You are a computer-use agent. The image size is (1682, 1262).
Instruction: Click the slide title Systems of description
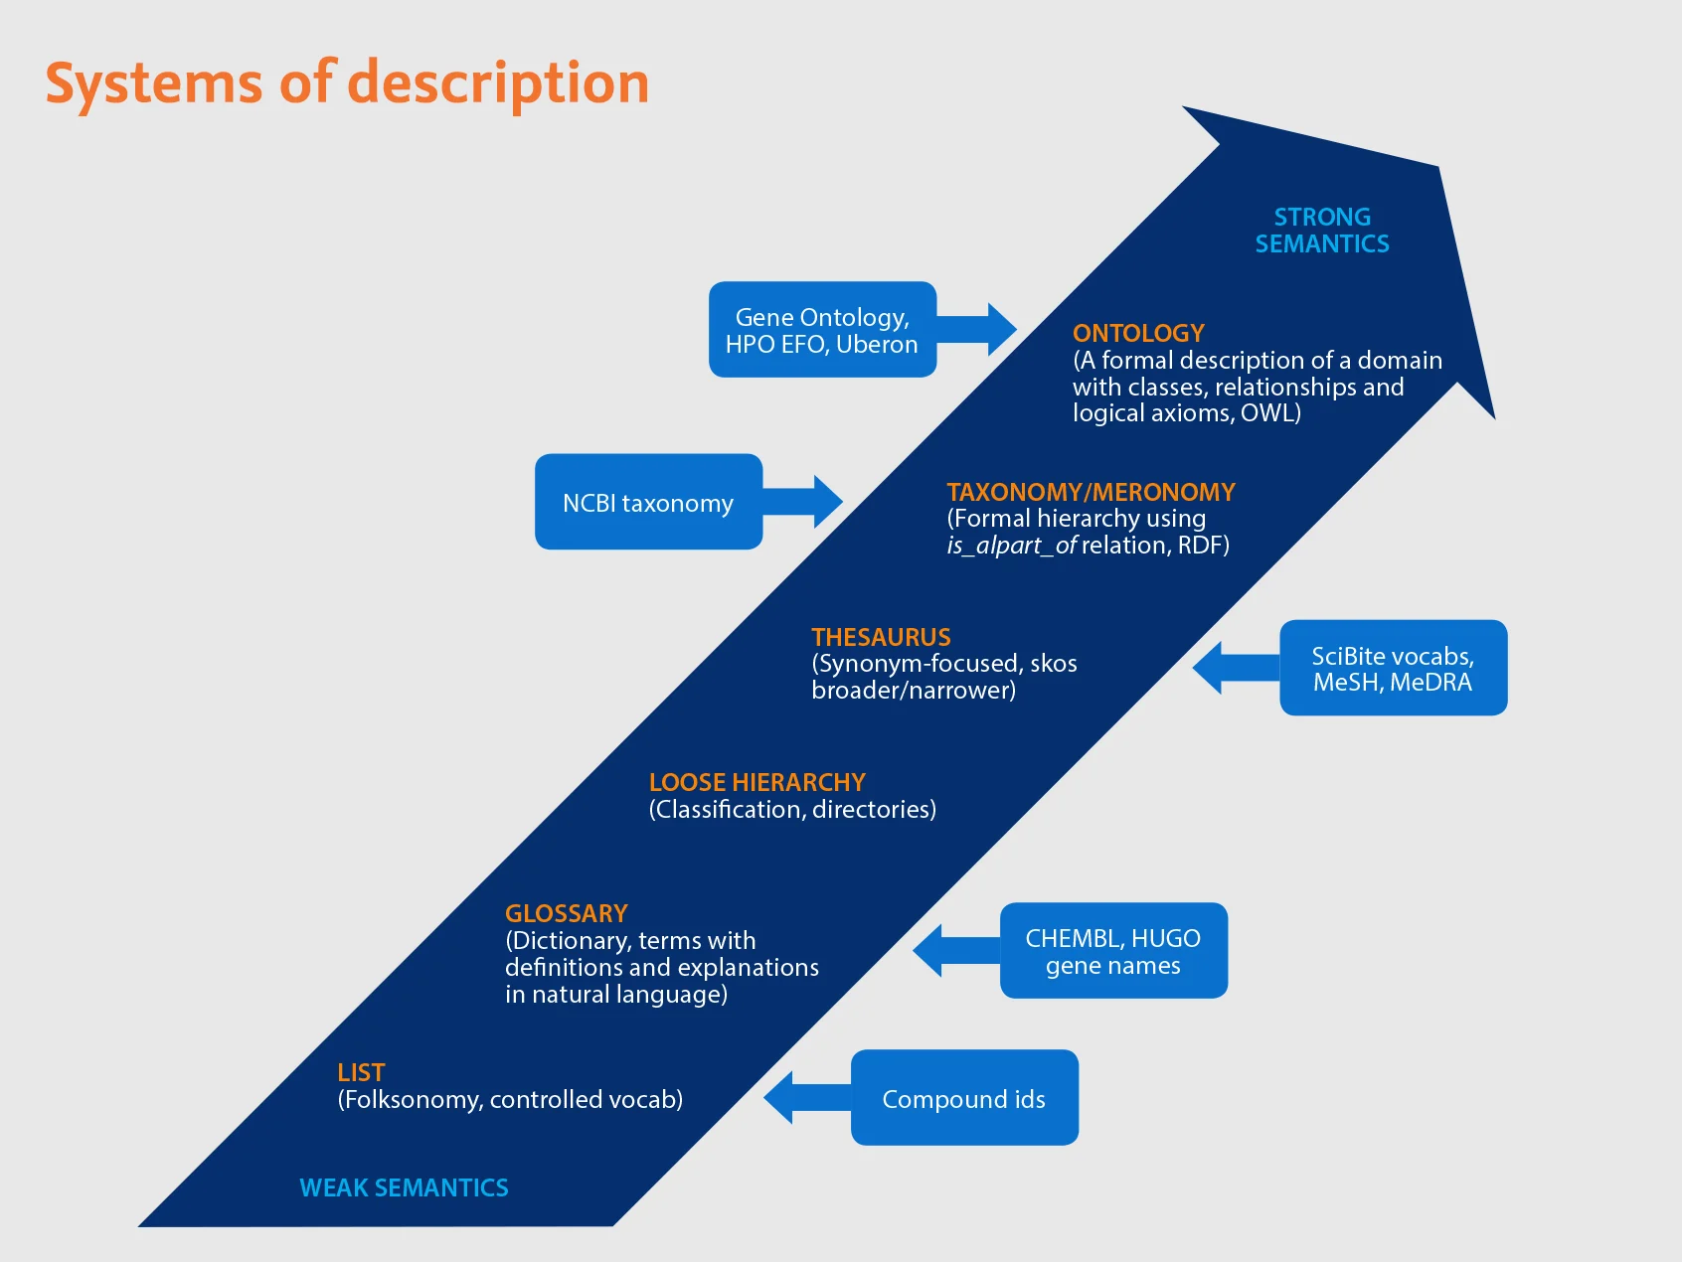coord(347,83)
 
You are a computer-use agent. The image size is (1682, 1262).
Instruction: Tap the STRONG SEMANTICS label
coord(1321,231)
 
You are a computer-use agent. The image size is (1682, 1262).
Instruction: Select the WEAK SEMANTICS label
coord(404,1187)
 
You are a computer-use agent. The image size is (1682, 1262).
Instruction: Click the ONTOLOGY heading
coord(1138,333)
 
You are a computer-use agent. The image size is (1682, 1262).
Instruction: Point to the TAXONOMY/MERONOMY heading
coord(1091,492)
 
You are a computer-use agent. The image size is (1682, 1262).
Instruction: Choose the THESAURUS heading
coord(881,637)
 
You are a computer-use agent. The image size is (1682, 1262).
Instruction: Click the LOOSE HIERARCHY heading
coord(757,782)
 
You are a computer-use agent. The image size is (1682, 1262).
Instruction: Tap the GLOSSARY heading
coord(566,913)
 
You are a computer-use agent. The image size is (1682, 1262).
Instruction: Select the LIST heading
coord(360,1072)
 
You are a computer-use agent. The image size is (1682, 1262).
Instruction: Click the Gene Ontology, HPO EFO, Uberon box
coord(822,330)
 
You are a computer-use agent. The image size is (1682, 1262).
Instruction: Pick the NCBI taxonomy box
coord(648,503)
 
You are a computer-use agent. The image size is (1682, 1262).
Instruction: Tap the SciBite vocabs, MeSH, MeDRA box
coord(1393,669)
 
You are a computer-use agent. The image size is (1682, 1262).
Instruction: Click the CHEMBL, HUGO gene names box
coord(1113,951)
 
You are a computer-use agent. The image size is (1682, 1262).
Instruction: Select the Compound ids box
coord(963,1099)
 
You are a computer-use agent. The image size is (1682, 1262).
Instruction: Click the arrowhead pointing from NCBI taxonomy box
coord(827,502)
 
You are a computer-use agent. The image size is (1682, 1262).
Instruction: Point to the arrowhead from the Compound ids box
coord(779,1098)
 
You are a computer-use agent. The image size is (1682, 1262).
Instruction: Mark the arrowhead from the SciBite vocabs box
coord(1208,668)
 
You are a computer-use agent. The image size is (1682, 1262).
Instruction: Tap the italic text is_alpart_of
coord(1011,546)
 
